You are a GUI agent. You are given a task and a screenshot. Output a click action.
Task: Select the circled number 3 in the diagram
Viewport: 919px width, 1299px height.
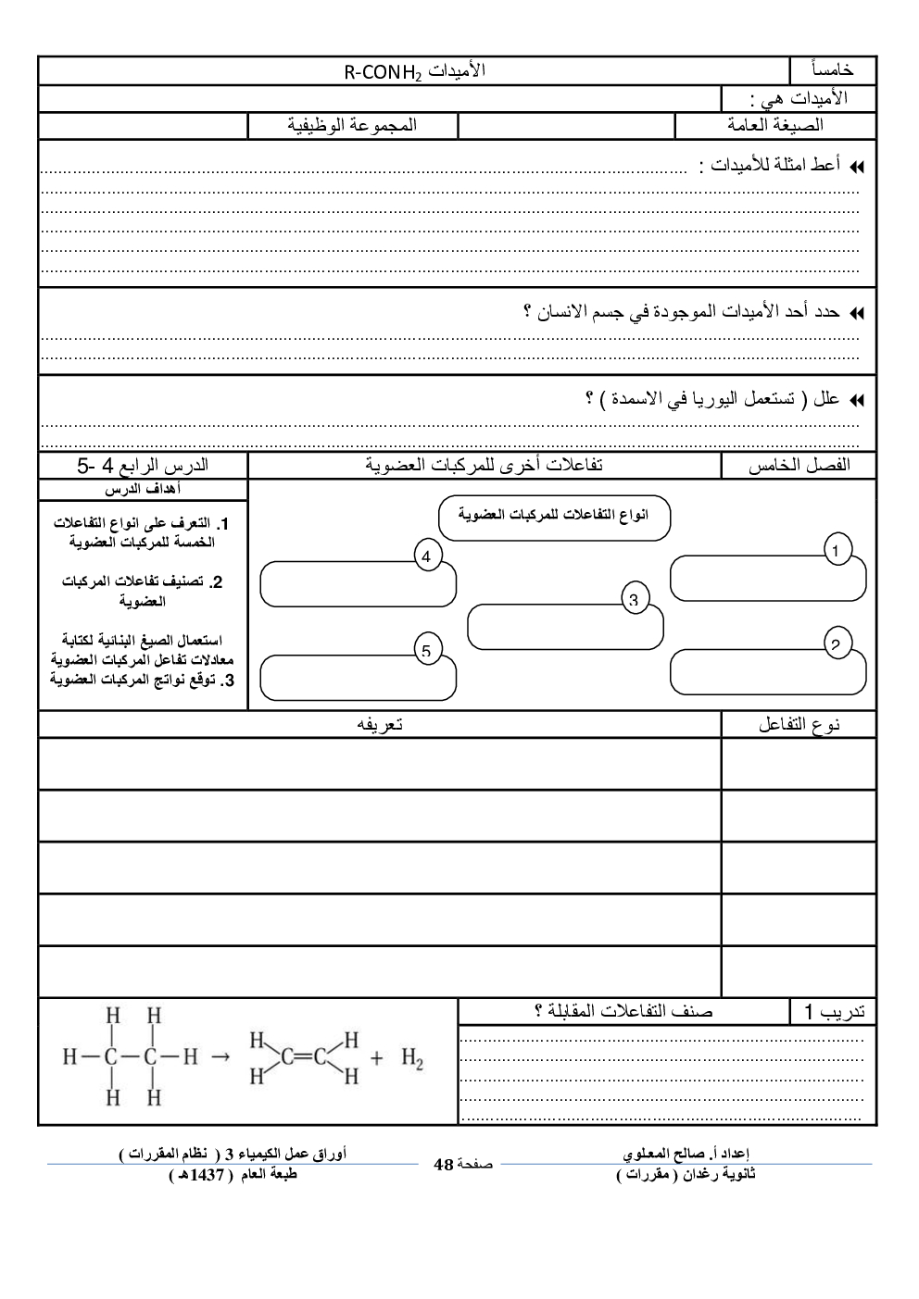(634, 600)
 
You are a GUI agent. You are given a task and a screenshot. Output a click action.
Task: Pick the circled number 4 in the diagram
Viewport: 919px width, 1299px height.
(426, 557)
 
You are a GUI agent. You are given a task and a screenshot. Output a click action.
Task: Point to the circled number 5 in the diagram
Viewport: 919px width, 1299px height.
(426, 651)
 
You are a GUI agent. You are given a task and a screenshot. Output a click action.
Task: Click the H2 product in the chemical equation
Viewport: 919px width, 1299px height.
(412, 1058)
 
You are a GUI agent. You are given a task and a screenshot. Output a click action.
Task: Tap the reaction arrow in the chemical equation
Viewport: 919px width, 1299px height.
(220, 1056)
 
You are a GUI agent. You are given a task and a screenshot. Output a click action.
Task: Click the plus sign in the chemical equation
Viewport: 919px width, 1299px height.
(376, 1057)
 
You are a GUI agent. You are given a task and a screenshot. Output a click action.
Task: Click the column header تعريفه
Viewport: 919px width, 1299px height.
(380, 725)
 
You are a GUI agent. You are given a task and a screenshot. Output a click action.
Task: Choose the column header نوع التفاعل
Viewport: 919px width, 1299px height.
(799, 725)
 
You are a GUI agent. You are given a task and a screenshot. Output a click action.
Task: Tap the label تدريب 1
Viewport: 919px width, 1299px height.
(834, 1011)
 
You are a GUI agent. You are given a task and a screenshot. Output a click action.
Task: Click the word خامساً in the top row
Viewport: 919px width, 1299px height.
(832, 70)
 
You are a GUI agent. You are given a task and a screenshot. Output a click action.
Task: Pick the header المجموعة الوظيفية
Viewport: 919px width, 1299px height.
(352, 125)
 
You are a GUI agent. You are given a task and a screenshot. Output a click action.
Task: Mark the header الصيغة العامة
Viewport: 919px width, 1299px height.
(775, 125)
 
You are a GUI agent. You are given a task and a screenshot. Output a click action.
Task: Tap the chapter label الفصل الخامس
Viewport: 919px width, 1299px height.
(799, 465)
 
